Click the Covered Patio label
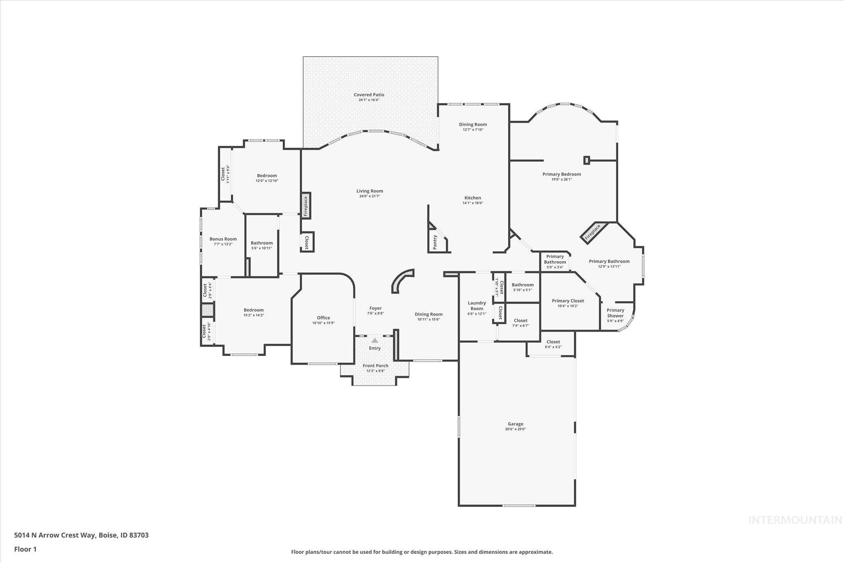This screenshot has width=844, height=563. click(x=369, y=95)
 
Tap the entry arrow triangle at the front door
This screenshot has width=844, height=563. click(x=375, y=341)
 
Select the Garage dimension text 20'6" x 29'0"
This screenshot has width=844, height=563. click(x=516, y=429)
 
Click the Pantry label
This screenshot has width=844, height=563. click(x=435, y=242)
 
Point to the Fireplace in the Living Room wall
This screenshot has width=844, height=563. click(x=306, y=206)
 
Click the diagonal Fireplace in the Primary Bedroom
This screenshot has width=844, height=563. click(x=593, y=233)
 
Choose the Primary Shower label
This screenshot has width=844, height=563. click(x=615, y=313)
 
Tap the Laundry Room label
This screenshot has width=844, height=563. click(x=477, y=306)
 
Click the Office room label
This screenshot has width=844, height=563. click(x=324, y=318)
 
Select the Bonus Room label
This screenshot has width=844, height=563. click(x=223, y=239)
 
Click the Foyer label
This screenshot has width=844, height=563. click(x=375, y=308)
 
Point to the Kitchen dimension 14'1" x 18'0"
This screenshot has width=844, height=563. click(x=473, y=203)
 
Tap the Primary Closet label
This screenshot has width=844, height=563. click(x=568, y=301)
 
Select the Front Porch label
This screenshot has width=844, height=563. click(x=375, y=365)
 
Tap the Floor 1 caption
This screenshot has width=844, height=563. click(x=26, y=549)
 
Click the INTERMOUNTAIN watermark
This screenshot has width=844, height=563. click(x=795, y=520)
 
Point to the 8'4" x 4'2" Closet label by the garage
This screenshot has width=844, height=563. click(x=553, y=344)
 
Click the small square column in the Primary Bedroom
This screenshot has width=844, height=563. click(x=587, y=160)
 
